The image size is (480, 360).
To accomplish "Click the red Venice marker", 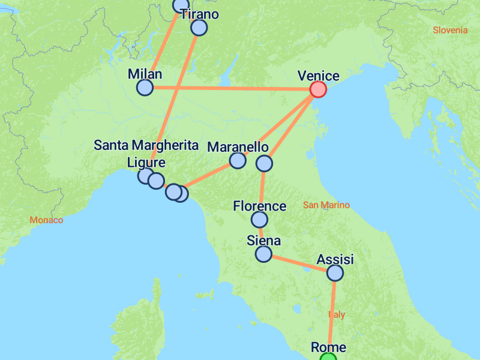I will [318, 89].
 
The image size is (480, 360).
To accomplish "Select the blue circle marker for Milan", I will [145, 88].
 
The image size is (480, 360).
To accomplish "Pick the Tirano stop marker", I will [199, 28].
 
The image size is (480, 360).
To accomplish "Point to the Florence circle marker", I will [259, 220].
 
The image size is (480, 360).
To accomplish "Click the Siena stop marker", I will [263, 254].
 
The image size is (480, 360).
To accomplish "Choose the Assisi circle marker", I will [335, 273].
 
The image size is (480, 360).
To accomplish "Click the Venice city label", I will [319, 76].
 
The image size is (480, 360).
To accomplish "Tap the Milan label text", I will [145, 74].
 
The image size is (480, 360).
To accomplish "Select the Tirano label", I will [199, 14].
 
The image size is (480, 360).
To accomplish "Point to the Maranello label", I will [238, 147].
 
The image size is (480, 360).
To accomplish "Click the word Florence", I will [260, 206].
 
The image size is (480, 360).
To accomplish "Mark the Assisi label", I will [335, 260].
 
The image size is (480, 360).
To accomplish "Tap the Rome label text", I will [328, 347].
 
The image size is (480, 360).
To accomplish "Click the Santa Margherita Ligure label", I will [146, 154].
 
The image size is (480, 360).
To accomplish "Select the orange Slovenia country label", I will [450, 30].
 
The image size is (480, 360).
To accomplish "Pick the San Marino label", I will [326, 205].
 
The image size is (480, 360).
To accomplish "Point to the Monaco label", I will [46, 220].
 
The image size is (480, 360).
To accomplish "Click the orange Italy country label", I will [337, 314].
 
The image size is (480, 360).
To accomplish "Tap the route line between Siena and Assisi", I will [299, 263].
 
